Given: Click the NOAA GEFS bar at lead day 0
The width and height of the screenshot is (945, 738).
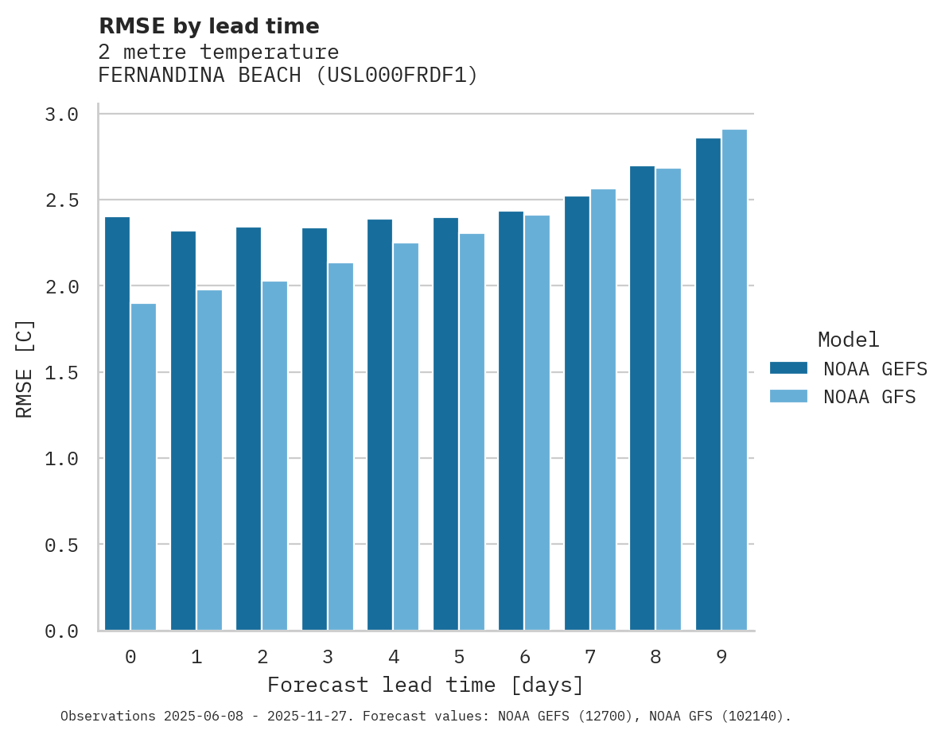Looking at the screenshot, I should coord(117,423).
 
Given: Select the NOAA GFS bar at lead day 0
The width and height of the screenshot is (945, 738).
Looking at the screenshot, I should coord(143,467).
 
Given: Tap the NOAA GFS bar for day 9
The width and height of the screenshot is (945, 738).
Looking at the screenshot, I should coord(734,379).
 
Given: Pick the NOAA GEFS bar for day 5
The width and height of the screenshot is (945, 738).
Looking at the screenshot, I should coord(445,424).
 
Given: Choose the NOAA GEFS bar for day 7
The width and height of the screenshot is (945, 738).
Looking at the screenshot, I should coord(577,413).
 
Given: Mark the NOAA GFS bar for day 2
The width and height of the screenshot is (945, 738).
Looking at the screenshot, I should coord(274,456).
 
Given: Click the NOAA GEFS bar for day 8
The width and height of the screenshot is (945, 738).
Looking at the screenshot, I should coord(642,398).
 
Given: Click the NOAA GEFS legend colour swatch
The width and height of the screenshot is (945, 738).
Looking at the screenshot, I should coord(788,368).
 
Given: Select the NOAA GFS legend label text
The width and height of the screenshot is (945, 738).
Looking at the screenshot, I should coord(869,397).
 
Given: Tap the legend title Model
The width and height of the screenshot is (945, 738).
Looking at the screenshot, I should coord(848,340).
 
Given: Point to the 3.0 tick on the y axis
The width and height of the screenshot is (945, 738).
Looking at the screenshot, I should coord(62,115).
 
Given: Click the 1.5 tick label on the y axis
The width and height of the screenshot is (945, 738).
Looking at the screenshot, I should coord(62,372).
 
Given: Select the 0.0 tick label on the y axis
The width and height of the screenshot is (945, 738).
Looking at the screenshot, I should coord(62,631).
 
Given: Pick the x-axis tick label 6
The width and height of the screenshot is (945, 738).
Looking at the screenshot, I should coord(525,657).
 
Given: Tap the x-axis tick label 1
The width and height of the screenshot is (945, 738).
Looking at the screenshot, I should coord(196,657).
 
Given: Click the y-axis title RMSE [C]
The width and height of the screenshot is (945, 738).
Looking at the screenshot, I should coord(25,368).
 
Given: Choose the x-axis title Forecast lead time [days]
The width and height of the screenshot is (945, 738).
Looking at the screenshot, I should coord(426,685).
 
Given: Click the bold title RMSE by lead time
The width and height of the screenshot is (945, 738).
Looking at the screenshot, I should coord(208,26).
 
